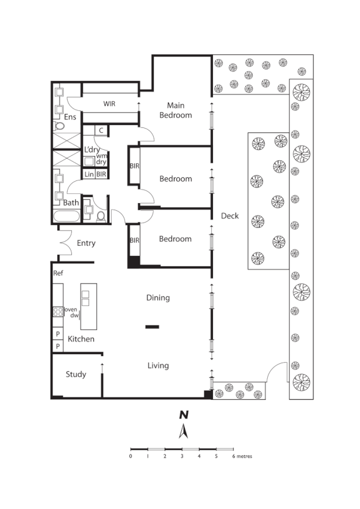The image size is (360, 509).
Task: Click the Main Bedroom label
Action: (x=175, y=110)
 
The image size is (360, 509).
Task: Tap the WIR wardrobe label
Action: (x=109, y=104)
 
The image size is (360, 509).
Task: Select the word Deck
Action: (x=229, y=216)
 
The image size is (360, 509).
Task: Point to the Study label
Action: (x=76, y=374)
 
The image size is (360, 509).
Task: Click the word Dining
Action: (x=158, y=298)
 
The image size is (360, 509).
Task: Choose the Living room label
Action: (x=157, y=366)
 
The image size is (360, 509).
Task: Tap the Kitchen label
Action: (x=81, y=339)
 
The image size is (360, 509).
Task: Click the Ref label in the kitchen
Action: (x=59, y=273)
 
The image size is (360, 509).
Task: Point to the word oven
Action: (x=71, y=309)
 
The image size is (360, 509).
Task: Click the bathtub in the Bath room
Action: (x=66, y=216)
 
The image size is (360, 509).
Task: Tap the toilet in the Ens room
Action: (x=60, y=126)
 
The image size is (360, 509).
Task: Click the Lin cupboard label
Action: (x=89, y=174)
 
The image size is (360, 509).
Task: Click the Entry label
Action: (x=86, y=243)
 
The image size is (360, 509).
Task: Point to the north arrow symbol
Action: (x=182, y=432)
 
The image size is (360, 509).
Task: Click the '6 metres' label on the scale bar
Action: (x=242, y=456)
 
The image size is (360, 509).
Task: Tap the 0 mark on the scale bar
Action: (x=131, y=456)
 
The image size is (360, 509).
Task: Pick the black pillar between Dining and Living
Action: (x=152, y=327)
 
